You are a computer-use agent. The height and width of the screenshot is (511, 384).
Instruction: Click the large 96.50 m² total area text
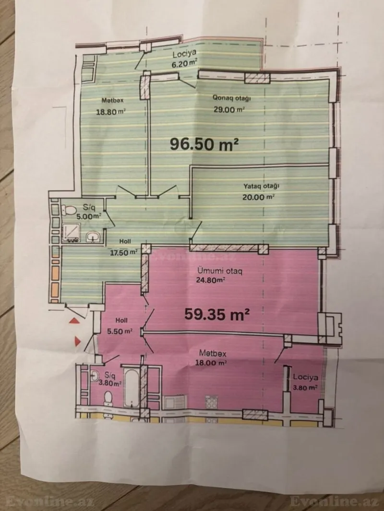coord(204,143)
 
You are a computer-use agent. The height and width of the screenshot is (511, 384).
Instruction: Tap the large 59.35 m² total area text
coord(217,314)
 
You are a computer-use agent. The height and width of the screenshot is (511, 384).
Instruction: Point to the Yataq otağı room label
coord(262,186)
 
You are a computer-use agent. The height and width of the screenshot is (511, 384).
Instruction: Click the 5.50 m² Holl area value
coord(123,331)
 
